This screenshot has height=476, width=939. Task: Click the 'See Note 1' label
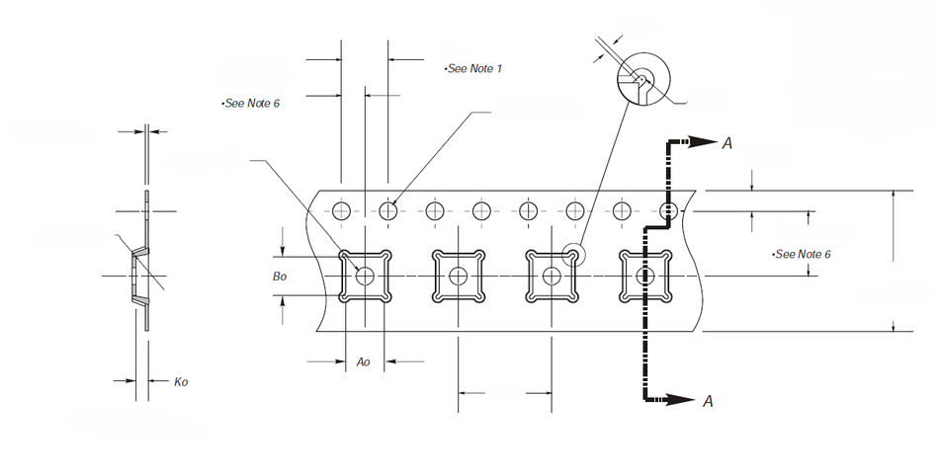[x=473, y=68]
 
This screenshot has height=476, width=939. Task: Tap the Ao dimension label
[x=364, y=362]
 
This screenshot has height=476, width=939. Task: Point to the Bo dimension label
[x=280, y=278]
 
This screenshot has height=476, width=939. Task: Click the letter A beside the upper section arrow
[x=727, y=144]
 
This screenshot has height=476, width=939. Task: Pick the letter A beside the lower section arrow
[x=708, y=401]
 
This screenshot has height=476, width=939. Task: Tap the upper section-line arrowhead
[x=704, y=142]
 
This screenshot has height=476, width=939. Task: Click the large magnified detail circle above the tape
[x=643, y=78]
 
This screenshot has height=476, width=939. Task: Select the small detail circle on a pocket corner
[x=570, y=255]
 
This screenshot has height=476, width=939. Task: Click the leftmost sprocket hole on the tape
[x=342, y=210]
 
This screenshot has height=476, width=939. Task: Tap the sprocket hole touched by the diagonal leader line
[x=389, y=210]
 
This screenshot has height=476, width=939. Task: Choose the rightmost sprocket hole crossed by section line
[x=669, y=210]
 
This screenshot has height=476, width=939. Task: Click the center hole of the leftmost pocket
[x=365, y=277]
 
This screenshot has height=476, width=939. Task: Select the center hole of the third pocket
[x=551, y=277]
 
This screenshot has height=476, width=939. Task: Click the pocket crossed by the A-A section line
[x=644, y=277]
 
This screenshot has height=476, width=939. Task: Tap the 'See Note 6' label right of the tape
[x=802, y=254]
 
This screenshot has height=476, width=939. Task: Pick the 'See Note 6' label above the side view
[x=251, y=103]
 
